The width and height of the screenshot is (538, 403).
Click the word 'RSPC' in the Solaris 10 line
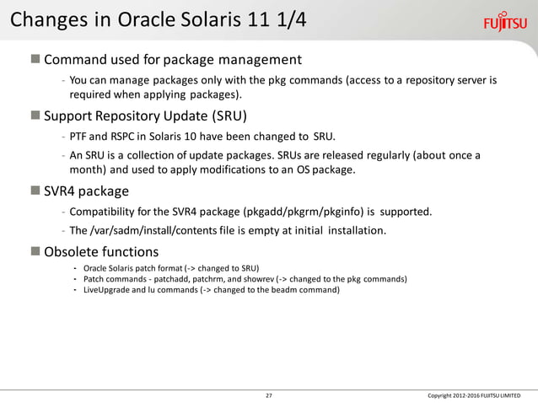[124, 136]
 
